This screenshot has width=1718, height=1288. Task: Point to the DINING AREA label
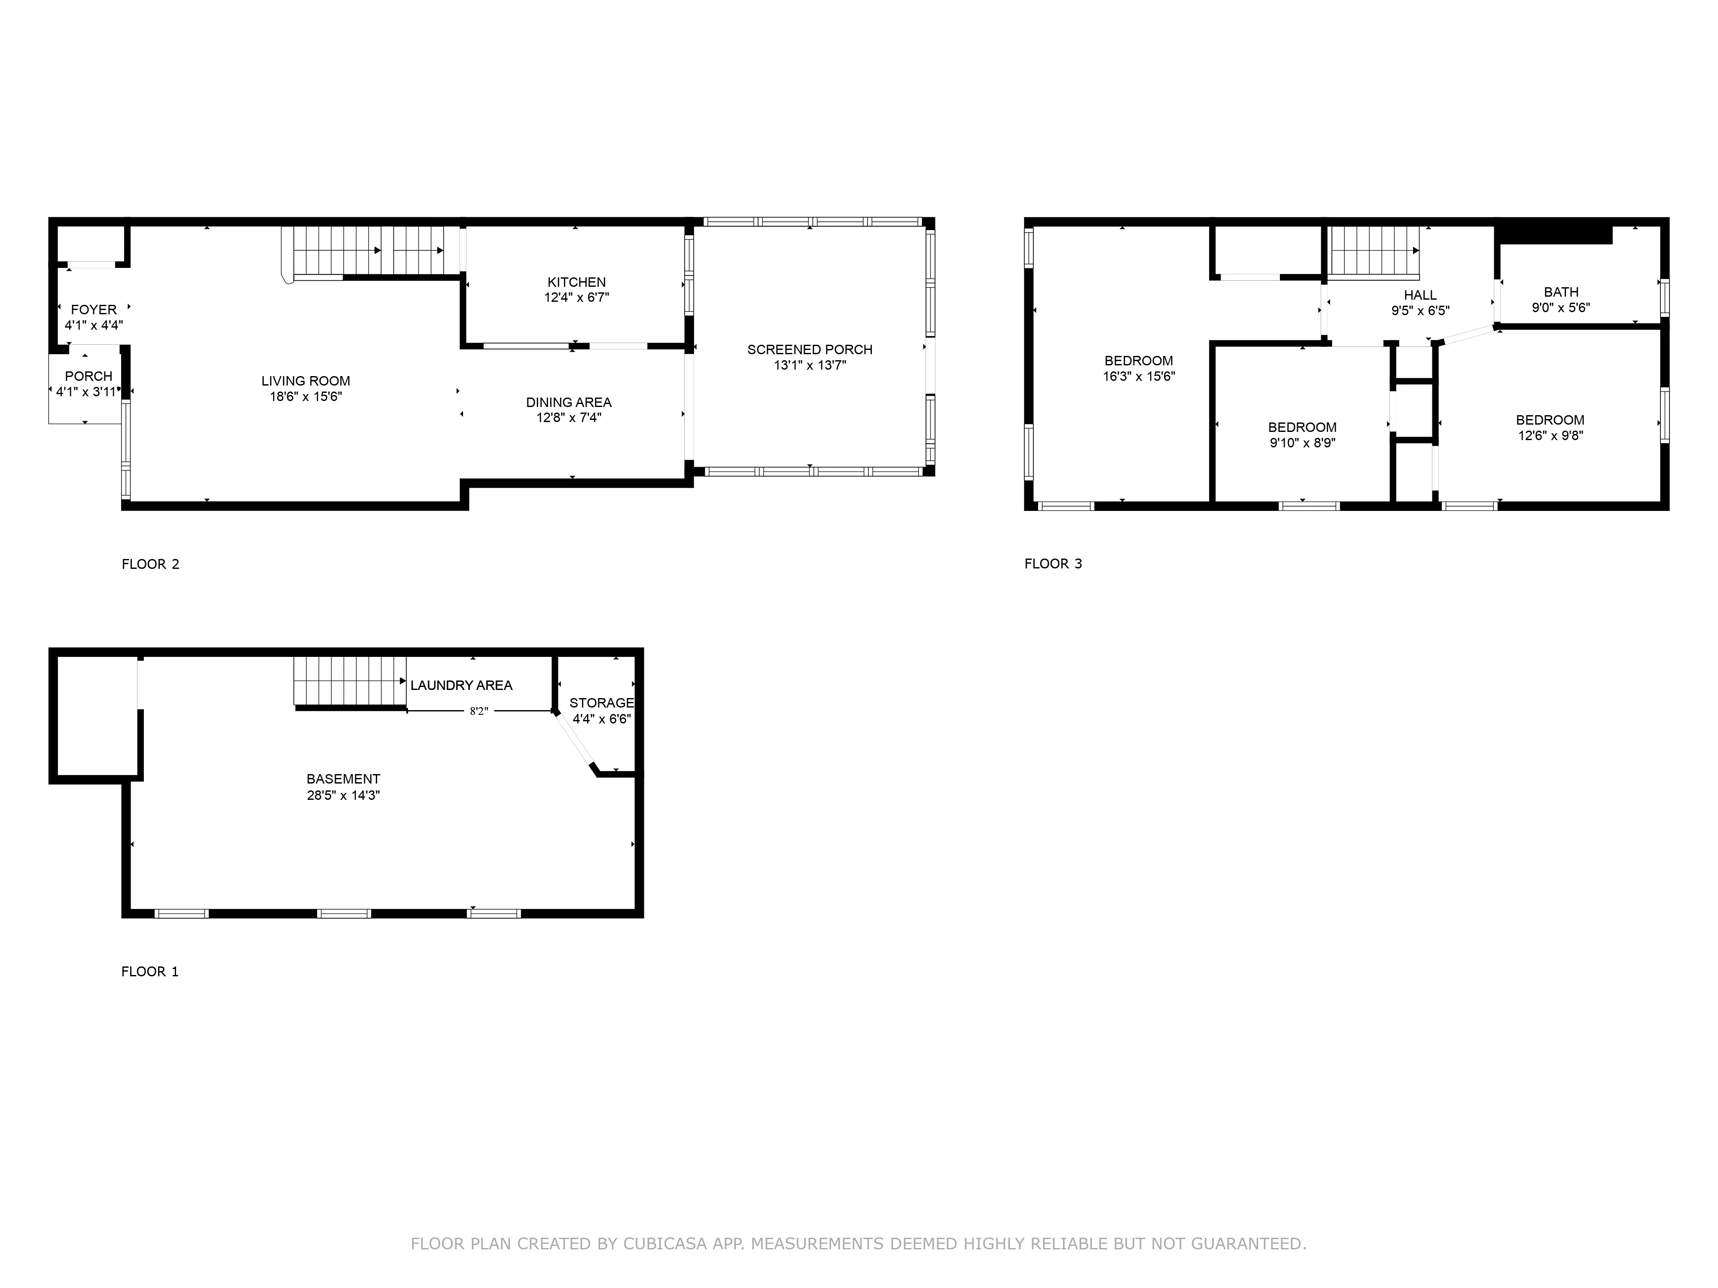pyautogui.click(x=569, y=402)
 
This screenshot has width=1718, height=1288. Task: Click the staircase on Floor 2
pyautogui.click(x=365, y=251)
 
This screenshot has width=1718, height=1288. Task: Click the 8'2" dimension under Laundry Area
pyautogui.click(x=478, y=711)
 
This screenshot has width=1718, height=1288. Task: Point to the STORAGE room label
pyautogui.click(x=601, y=703)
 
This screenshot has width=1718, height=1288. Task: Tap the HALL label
pyautogui.click(x=1420, y=295)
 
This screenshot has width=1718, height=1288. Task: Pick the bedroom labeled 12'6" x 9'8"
pyautogui.click(x=1550, y=428)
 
